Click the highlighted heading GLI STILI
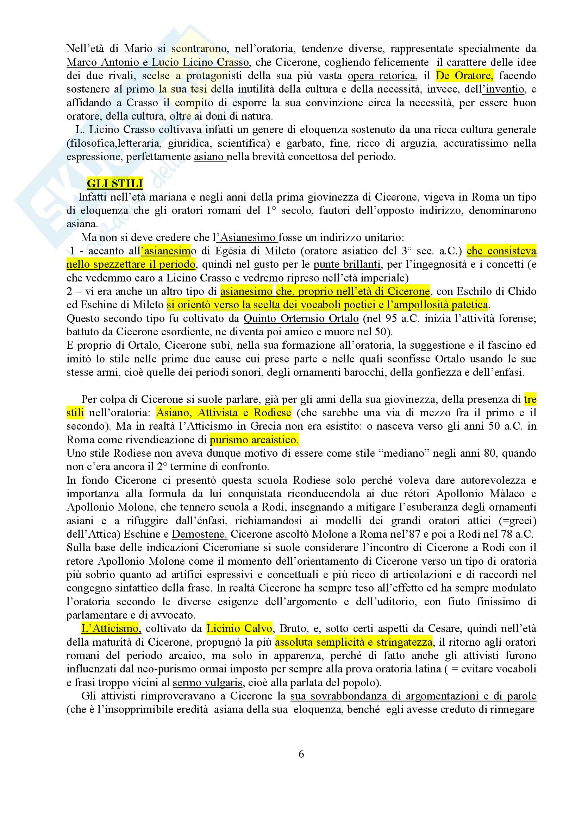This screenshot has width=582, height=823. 115,184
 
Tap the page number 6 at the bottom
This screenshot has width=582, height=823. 301,753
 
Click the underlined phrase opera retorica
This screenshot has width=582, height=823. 382,76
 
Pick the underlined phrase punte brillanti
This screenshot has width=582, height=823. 347,264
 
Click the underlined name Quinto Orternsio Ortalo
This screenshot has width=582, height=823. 301,318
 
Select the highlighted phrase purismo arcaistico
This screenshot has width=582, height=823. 254,439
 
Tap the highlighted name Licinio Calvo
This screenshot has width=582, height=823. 239,628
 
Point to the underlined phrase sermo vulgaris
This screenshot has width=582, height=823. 207,682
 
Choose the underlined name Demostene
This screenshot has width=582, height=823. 199,534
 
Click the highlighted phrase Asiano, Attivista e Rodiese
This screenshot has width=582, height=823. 224,413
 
